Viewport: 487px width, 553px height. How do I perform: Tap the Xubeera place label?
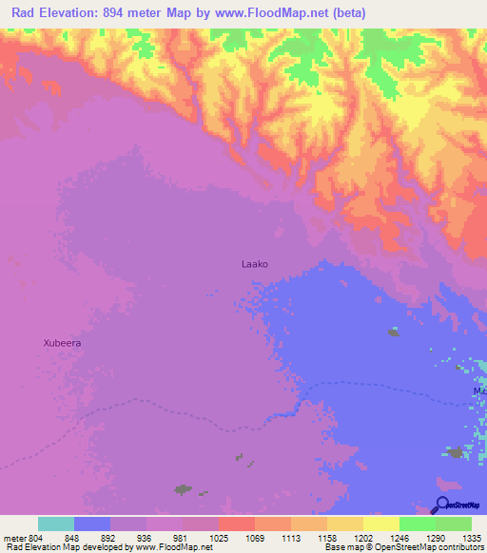(63, 343)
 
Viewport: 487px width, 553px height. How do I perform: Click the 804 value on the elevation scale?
(36, 537)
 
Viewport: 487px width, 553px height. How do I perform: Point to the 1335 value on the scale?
(472, 537)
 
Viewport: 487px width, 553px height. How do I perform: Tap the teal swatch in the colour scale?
(56, 524)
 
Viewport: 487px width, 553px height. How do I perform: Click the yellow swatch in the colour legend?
(381, 524)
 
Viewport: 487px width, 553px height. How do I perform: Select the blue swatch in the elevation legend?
(92, 524)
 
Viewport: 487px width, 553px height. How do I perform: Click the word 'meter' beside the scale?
(13, 537)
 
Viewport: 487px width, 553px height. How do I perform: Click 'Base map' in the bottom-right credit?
(342, 547)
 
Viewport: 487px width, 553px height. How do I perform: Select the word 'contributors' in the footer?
(460, 547)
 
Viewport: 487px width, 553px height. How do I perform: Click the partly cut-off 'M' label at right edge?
(479, 391)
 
